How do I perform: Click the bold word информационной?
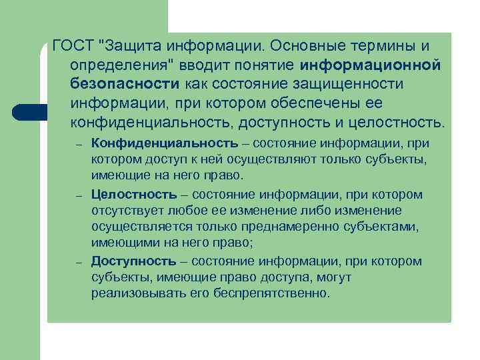coord(371,65)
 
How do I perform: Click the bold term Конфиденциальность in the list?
coord(164,143)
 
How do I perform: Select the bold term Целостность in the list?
coord(134,195)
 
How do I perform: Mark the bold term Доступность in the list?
coord(134,261)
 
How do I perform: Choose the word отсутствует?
coord(125,211)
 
